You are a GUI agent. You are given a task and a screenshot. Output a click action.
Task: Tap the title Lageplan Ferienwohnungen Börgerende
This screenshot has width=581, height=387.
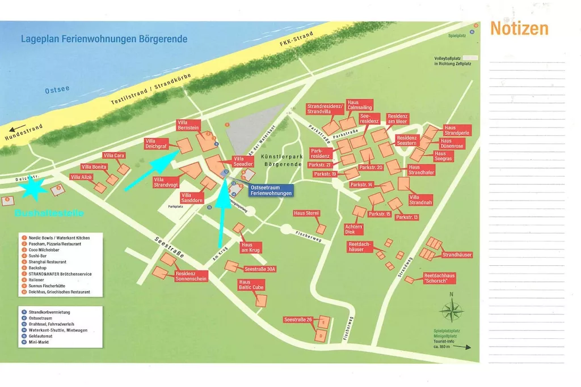[104, 40]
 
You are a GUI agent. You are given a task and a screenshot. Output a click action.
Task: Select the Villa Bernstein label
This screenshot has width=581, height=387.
[190, 125]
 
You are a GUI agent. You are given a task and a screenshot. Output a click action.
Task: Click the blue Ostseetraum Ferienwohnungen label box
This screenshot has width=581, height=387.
[271, 190]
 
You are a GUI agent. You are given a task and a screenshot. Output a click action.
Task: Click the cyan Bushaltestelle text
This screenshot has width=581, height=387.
[49, 214]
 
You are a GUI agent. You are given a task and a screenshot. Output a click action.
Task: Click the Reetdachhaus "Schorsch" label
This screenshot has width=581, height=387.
[440, 278]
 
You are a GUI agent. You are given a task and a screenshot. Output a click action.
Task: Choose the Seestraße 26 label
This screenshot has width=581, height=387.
[298, 320]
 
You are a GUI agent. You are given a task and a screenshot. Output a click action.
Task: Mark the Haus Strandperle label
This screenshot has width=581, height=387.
[457, 130]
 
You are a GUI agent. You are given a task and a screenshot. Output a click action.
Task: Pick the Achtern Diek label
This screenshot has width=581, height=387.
[353, 229]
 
